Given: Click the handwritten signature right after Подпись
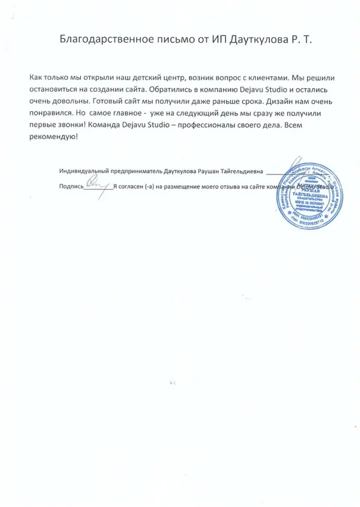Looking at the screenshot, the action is coord(94,185).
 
